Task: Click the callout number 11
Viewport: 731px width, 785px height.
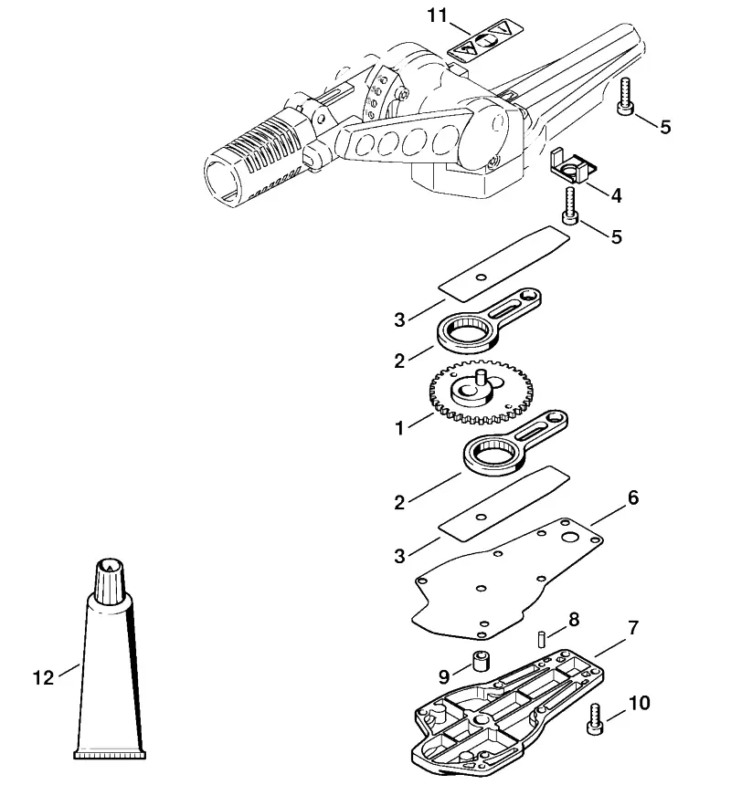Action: (437, 16)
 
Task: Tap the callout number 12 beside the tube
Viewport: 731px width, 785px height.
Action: (43, 677)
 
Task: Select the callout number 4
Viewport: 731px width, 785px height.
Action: (616, 195)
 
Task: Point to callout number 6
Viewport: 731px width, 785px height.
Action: (633, 497)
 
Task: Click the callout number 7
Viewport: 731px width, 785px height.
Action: (633, 627)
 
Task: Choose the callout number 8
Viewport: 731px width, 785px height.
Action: (574, 620)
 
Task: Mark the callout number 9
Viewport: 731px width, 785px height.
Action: (444, 677)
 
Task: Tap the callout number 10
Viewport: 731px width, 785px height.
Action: (639, 703)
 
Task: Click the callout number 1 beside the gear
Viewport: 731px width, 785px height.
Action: (399, 428)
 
